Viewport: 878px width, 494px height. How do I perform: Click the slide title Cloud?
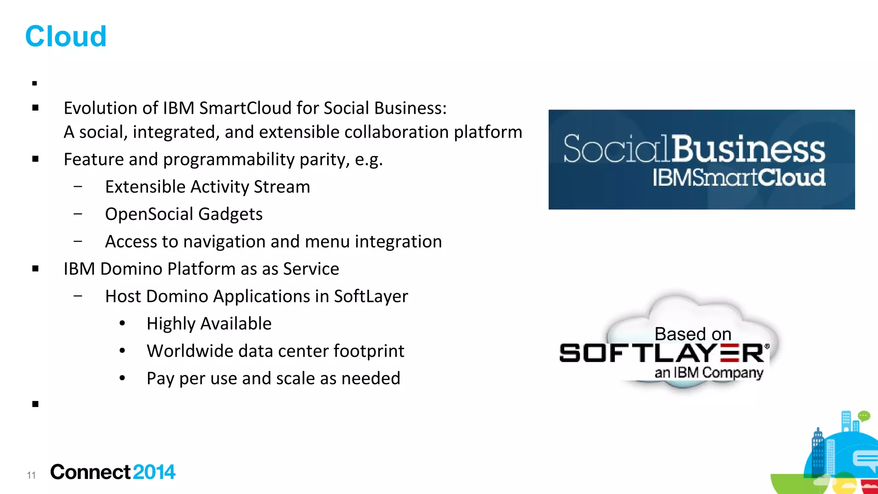(66, 36)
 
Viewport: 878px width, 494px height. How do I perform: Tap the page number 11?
(31, 475)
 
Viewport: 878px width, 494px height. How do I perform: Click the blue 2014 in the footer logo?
(154, 472)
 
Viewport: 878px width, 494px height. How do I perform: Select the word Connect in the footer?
(90, 472)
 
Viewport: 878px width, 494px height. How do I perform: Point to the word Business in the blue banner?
(748, 149)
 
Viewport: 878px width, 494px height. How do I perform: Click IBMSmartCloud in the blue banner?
(739, 178)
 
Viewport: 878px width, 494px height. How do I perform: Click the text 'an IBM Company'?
(709, 373)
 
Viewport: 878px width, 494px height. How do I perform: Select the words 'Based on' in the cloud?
(693, 334)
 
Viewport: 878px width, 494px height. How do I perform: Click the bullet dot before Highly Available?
(123, 323)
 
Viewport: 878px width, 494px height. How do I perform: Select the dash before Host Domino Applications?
(78, 295)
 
